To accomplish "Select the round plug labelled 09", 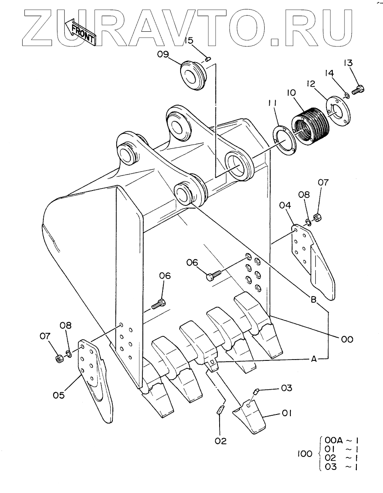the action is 192,76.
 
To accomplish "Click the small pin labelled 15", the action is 207,58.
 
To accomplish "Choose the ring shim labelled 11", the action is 284,140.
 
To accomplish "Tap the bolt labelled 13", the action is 358,90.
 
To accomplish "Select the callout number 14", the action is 329,73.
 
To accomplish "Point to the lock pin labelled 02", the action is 221,410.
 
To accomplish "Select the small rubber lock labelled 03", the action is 256,391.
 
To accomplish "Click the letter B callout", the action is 313,300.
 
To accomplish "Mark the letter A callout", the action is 313,359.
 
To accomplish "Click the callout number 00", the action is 347,339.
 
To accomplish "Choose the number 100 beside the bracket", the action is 305,454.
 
